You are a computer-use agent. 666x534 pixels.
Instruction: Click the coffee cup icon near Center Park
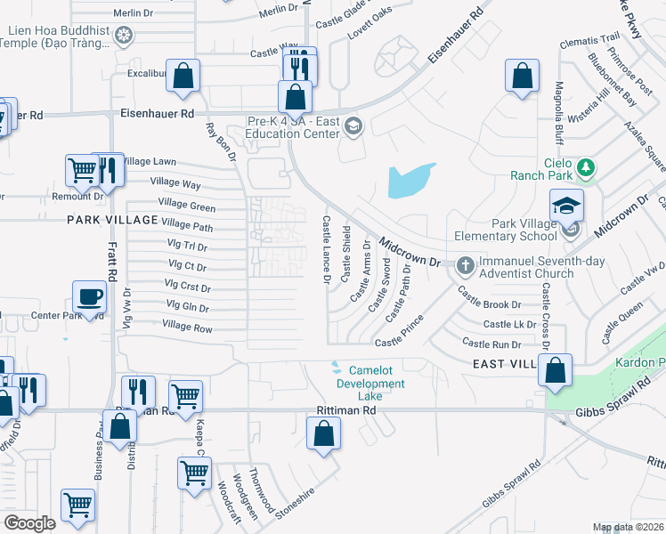(90, 297)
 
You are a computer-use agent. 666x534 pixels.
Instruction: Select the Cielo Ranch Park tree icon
(585, 166)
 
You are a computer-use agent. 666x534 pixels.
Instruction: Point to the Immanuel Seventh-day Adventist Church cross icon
(465, 264)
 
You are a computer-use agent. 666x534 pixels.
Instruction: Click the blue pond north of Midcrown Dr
(410, 182)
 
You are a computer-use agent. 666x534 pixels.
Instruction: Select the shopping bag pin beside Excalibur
(183, 77)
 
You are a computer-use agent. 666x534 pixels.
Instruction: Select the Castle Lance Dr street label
(327, 249)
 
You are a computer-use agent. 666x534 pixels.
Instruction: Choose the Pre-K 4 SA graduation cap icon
(353, 125)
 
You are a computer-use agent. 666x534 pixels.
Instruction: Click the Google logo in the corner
(30, 523)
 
